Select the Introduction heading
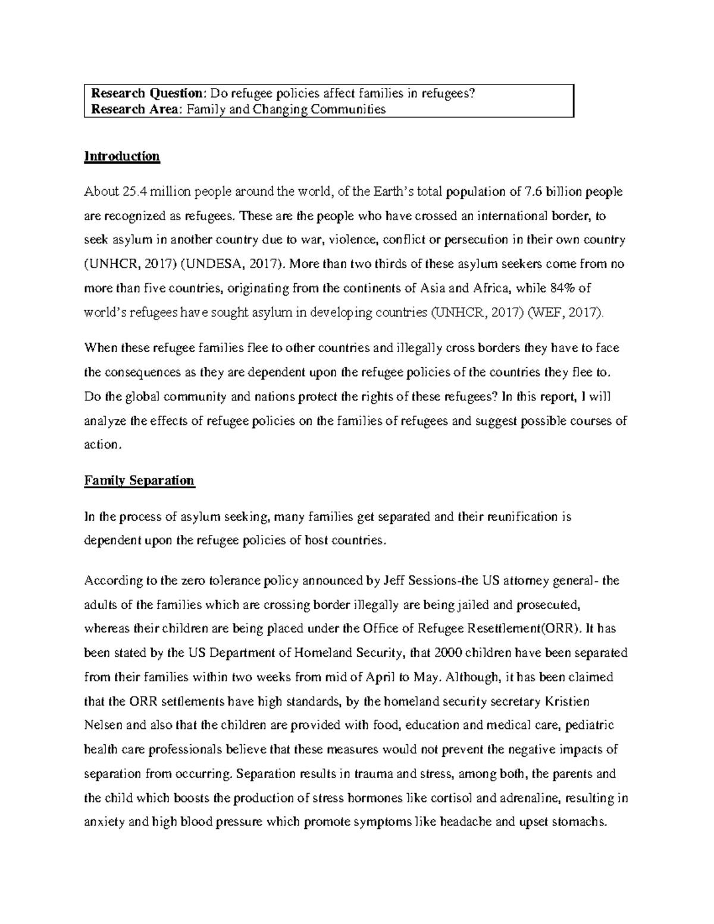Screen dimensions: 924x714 122,156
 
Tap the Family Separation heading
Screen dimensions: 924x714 139,480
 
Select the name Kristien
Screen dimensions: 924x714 568,701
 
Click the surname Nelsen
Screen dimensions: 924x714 103,725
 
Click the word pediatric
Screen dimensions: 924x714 590,725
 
